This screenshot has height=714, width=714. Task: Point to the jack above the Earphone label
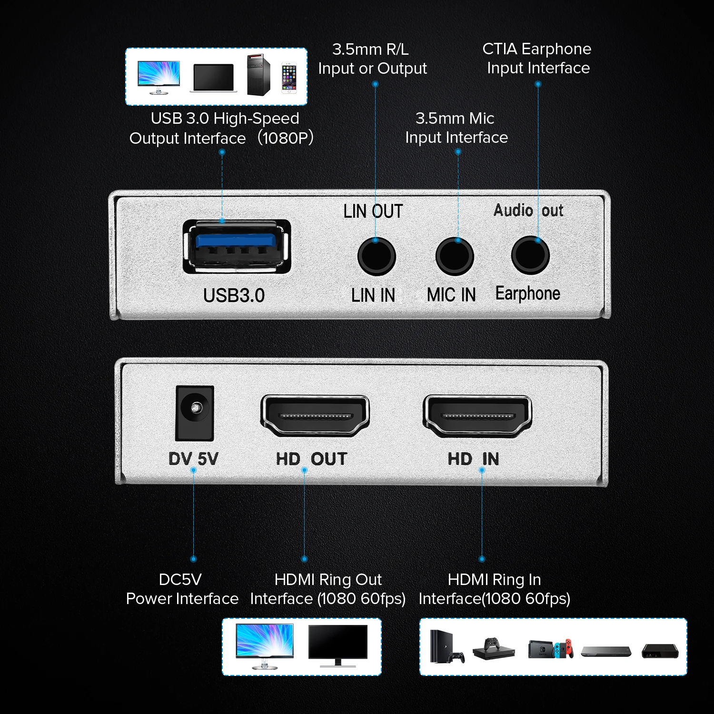(530, 255)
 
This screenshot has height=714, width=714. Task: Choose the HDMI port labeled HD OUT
(315, 416)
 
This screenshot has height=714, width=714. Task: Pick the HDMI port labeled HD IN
(477, 416)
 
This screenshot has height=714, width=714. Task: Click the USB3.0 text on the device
(234, 296)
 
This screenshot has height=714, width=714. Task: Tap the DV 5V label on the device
(193, 459)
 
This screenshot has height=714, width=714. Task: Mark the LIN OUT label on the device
(373, 211)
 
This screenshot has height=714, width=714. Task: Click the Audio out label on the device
(528, 210)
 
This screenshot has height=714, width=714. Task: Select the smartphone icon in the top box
(289, 77)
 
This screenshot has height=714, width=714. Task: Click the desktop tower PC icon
(258, 75)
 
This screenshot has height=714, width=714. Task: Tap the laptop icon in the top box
(214, 78)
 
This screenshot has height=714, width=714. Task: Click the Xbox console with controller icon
(494, 649)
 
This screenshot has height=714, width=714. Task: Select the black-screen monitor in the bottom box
(338, 645)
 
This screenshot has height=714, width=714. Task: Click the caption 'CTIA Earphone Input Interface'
(537, 59)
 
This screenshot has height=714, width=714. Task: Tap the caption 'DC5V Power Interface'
(182, 589)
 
